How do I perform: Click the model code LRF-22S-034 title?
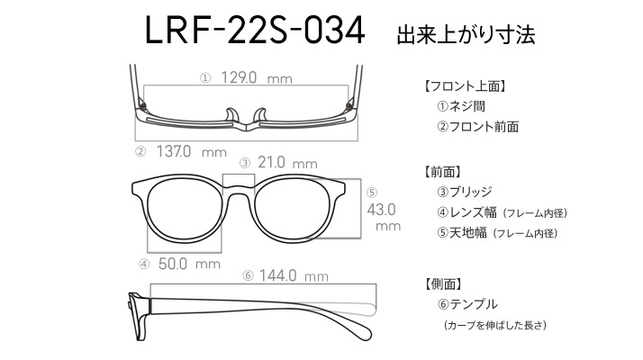click(255, 31)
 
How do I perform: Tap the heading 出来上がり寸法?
click(466, 34)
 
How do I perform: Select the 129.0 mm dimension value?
click(257, 77)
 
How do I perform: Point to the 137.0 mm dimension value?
click(192, 152)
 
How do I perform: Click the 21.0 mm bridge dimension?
click(287, 163)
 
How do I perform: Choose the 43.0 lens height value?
click(381, 210)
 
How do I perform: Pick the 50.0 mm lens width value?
click(189, 264)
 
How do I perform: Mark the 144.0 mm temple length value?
click(294, 275)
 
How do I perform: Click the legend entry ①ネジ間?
click(461, 106)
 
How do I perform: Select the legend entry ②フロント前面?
click(477, 127)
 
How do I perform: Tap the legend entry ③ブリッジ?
click(464, 192)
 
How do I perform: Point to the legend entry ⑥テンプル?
click(467, 304)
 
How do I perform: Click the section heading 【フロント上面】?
click(465, 86)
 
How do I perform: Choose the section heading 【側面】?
click(442, 283)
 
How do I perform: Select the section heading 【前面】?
click(442, 171)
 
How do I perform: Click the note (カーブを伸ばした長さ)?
click(495, 325)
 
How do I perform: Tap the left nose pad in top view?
click(232, 115)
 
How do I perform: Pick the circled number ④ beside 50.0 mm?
click(144, 265)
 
